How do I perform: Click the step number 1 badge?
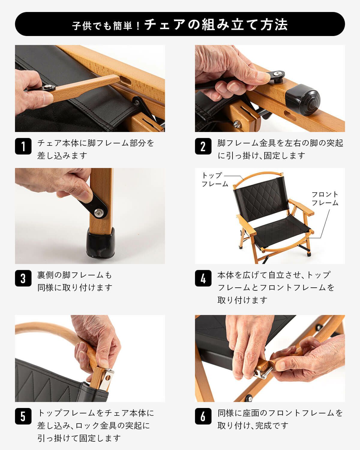pyautogui.click(x=23, y=146)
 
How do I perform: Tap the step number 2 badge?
pyautogui.click(x=203, y=146)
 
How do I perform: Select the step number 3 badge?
pyautogui.click(x=23, y=278)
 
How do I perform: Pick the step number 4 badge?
pyautogui.click(x=203, y=278)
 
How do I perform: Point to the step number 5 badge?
pyautogui.click(x=23, y=416)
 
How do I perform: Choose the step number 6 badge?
pyautogui.click(x=203, y=416)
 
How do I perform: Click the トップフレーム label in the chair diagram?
pyautogui.click(x=214, y=179)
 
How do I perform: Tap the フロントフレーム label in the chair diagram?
pyautogui.click(x=325, y=198)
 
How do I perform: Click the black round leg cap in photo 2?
pyautogui.click(x=303, y=100)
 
